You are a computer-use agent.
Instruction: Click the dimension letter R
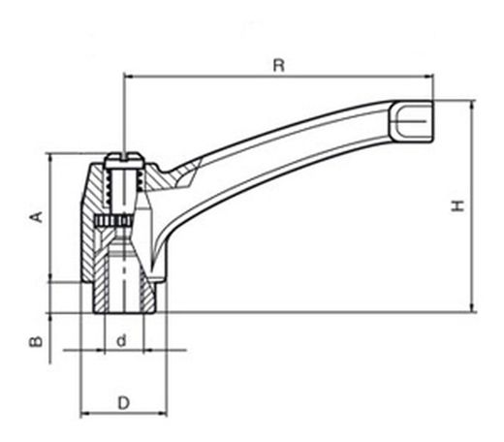[279, 65]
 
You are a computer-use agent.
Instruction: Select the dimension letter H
[457, 205]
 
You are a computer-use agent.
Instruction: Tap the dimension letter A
[37, 216]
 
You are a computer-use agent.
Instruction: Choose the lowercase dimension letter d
[121, 341]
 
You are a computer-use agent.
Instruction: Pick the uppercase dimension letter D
[123, 403]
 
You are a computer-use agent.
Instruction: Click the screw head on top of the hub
[124, 161]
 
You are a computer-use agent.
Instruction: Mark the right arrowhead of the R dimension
[428, 77]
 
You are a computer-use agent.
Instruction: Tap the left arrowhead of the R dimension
[129, 77]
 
